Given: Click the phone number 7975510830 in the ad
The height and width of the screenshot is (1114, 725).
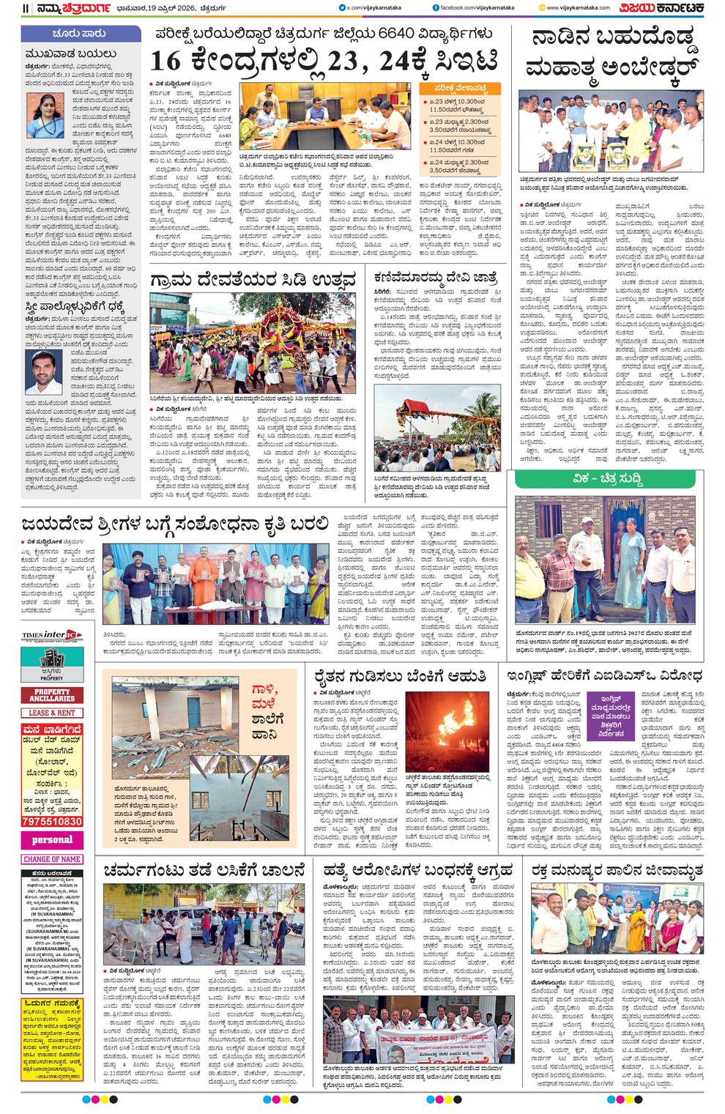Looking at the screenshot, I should [x=52, y=822].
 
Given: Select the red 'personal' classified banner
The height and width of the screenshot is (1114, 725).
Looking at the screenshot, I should [x=52, y=839].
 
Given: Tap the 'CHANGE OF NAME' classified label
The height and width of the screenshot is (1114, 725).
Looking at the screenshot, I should [x=52, y=859].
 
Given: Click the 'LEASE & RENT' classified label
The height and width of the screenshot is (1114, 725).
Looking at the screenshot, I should [x=52, y=713].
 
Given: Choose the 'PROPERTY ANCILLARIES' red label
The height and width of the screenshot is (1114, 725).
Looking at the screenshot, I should [x=52, y=695].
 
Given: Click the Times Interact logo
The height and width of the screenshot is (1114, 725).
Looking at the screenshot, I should [x=52, y=635].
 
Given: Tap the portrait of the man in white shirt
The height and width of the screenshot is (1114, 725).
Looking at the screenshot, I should [x=42, y=372].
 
